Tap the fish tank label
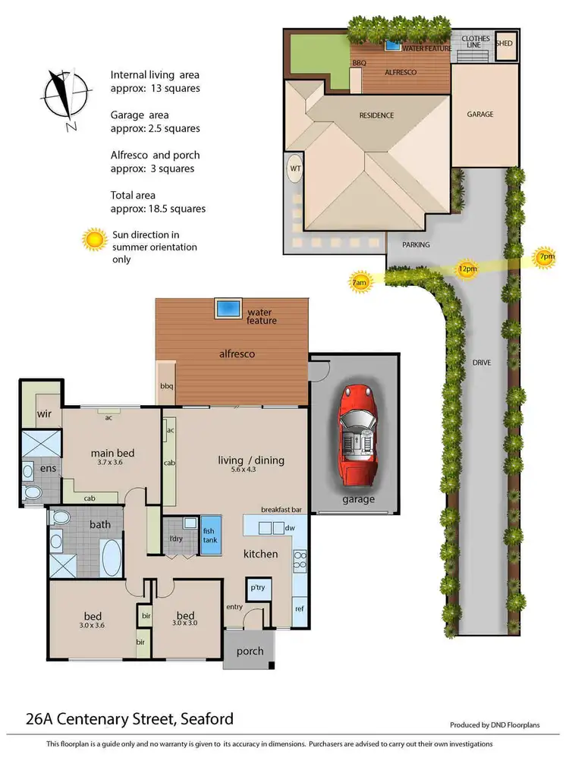(209, 536)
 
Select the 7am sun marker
(360, 282)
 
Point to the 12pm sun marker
(467, 269)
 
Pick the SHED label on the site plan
(505, 43)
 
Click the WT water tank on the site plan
(294, 168)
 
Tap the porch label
(250, 651)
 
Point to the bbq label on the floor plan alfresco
(167, 387)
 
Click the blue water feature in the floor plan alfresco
(228, 309)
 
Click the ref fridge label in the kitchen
(299, 608)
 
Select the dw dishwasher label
(291, 528)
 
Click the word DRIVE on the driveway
(481, 363)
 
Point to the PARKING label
(416, 245)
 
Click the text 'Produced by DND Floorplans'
(494, 725)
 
